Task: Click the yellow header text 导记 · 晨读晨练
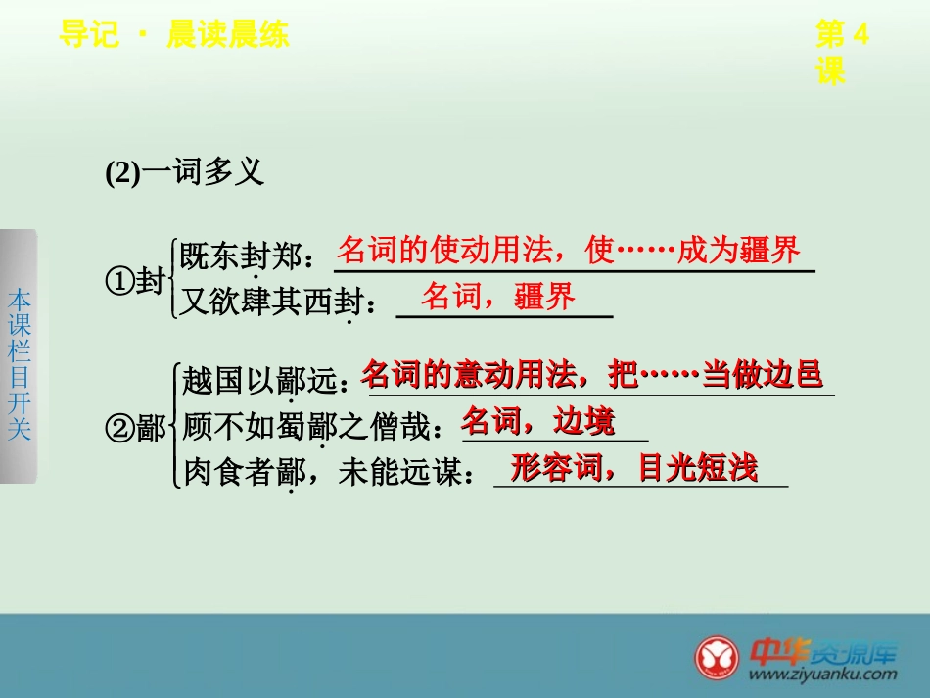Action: (x=173, y=36)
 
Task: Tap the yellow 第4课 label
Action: (x=842, y=53)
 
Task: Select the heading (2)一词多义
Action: (x=185, y=173)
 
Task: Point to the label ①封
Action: (x=135, y=283)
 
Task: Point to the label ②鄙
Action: (x=135, y=428)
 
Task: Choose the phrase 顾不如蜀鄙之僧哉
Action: (x=311, y=427)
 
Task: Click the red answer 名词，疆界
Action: (x=498, y=297)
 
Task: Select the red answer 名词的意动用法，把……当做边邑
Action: (x=591, y=373)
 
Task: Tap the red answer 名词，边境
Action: (x=538, y=421)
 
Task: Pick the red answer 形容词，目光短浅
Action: (x=634, y=468)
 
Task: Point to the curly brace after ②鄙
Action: (x=175, y=428)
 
